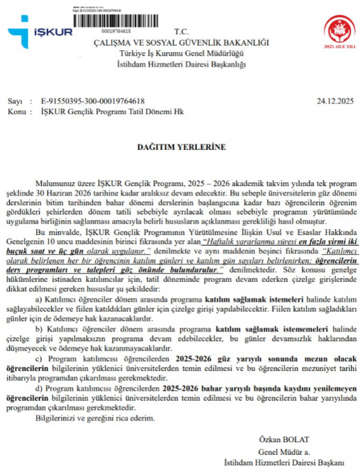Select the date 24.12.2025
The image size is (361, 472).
tap(335, 101)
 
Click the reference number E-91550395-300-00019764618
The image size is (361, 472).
tap(93, 101)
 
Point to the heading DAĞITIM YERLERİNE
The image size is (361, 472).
tap(181, 147)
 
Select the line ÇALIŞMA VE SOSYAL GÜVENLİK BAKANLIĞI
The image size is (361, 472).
tap(181, 43)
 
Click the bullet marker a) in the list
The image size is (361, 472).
tap(39, 299)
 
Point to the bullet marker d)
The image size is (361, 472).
tap(39, 389)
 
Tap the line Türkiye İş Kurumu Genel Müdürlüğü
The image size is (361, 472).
tap(181, 53)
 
